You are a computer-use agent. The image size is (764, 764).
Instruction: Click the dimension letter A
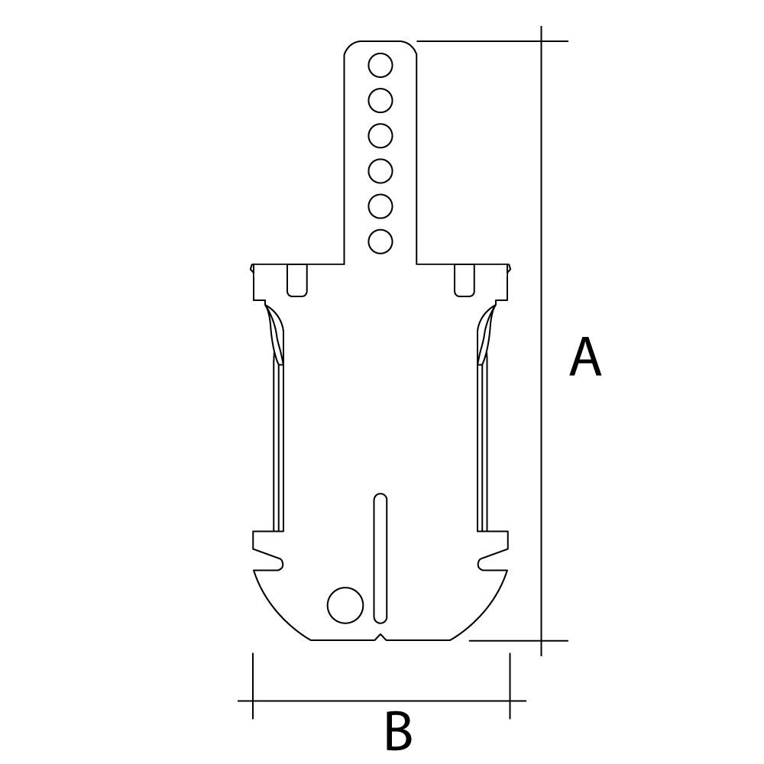pos(585,358)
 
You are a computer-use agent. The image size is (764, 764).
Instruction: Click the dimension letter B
pos(397,731)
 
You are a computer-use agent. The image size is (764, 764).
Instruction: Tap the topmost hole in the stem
pos(380,66)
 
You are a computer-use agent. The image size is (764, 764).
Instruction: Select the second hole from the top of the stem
pos(380,101)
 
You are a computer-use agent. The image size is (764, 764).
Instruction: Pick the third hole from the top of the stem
pos(380,136)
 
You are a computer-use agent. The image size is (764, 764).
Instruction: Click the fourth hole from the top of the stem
pos(380,171)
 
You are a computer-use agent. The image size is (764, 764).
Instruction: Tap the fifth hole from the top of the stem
pos(380,206)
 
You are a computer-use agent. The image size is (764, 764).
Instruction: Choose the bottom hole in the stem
pos(380,241)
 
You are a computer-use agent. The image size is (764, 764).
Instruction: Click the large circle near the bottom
pos(345,605)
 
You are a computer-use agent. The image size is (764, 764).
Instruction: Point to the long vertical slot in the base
pos(380,558)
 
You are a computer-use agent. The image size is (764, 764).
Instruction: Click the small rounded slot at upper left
pos(297,280)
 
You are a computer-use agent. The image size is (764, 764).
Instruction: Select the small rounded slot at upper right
pos(465,280)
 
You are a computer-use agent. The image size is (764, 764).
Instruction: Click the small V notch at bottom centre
pos(380,637)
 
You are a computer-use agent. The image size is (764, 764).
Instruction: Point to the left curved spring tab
pos(276,335)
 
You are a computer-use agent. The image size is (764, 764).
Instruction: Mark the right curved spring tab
pos(485,335)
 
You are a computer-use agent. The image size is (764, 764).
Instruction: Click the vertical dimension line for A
pos(542,458)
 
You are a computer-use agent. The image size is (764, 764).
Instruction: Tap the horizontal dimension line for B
pos(381,700)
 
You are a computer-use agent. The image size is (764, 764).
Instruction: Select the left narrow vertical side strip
pos(279,451)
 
